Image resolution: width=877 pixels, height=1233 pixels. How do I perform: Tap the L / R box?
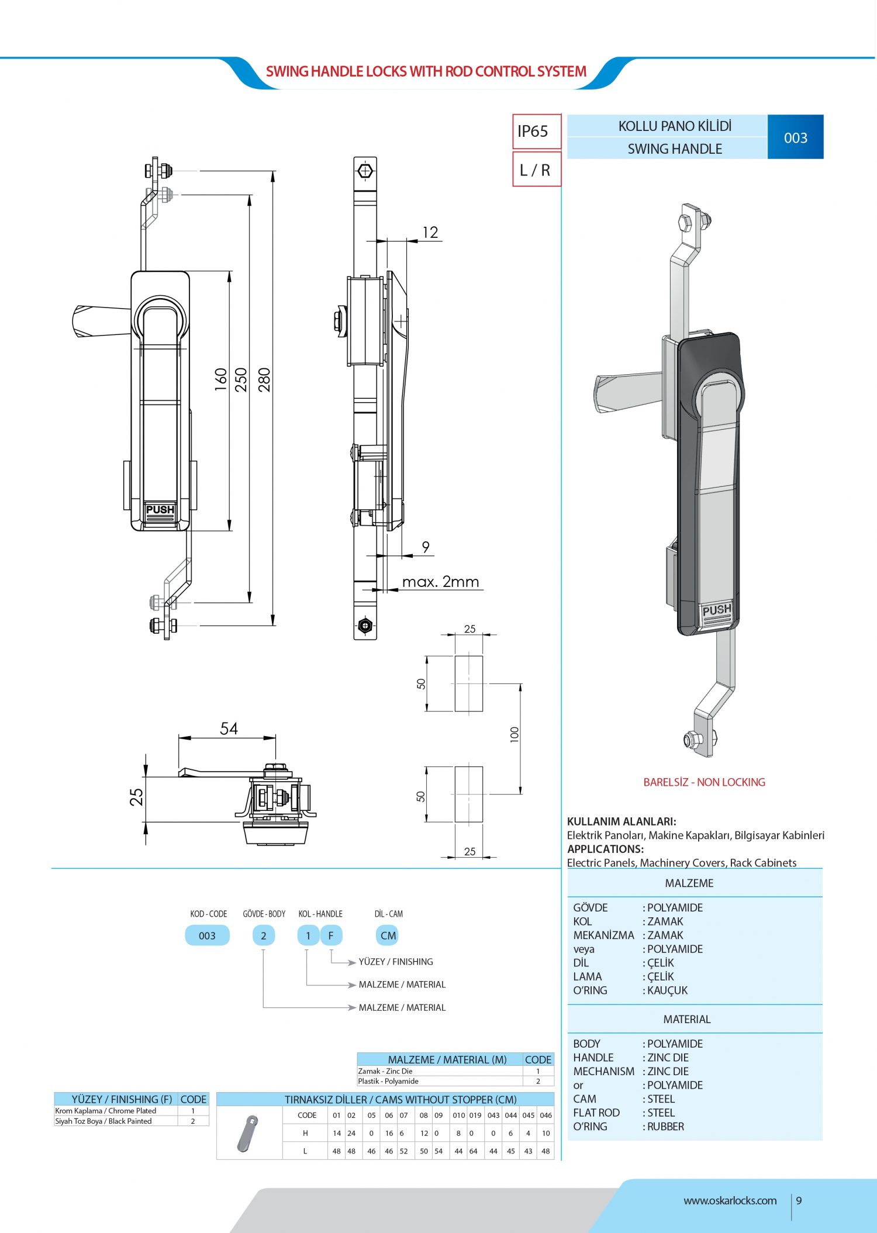[x=536, y=170]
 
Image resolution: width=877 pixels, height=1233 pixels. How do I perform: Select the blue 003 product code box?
[x=795, y=137]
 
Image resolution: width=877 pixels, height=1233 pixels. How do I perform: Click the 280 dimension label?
[x=264, y=379]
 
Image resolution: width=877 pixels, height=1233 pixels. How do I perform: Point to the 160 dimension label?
[x=220, y=379]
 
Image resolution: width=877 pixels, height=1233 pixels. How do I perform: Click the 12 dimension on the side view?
[x=430, y=233]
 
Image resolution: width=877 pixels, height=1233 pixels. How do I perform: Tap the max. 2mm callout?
[x=440, y=582]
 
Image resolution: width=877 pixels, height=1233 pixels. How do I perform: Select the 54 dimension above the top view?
[x=229, y=728]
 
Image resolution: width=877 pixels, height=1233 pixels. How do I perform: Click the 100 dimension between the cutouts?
[x=515, y=734]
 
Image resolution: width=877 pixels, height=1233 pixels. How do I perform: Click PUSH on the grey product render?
[x=716, y=610]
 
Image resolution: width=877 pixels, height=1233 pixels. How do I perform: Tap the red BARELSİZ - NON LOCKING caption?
[x=704, y=782]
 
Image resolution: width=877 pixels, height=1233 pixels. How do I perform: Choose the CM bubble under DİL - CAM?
[x=388, y=935]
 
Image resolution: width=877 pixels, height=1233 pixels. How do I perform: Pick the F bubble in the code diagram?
[x=331, y=935]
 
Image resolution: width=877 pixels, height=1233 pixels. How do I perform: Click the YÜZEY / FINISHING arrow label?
[x=396, y=962]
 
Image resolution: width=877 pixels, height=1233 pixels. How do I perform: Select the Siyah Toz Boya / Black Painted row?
[x=103, y=1121]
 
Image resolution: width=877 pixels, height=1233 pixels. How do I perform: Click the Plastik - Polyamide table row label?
[x=388, y=1081]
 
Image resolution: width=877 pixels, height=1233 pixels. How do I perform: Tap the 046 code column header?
[x=545, y=1115]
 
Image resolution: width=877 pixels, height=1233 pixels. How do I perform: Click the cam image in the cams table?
[x=248, y=1134]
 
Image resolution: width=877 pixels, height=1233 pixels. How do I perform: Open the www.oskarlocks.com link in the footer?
[x=730, y=1201]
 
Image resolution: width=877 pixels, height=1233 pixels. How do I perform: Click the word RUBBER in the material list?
[x=665, y=1127]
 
